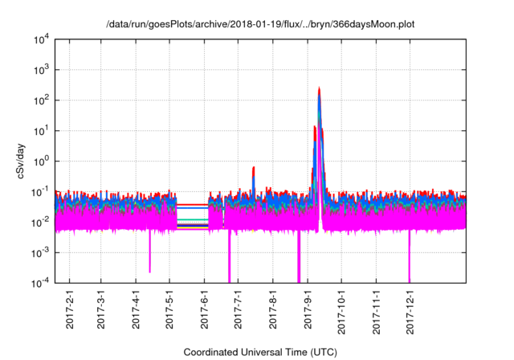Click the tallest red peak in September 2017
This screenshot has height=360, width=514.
(x=319, y=89)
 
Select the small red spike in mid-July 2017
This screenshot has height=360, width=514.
(x=254, y=169)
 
